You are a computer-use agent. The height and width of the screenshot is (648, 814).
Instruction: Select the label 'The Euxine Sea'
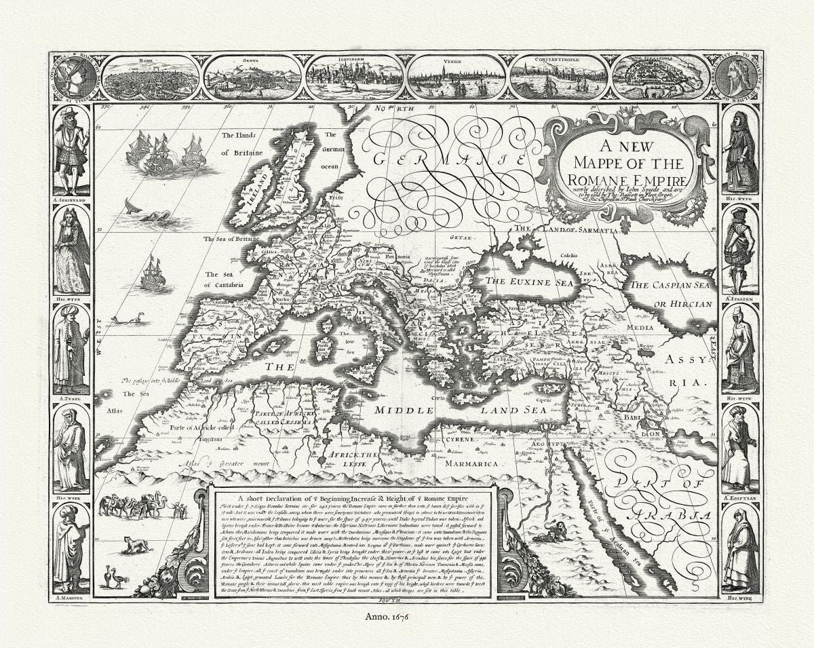pyautogui.click(x=527, y=281)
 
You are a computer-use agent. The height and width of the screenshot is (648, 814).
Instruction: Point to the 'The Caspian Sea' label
pyautogui.click(x=671, y=285)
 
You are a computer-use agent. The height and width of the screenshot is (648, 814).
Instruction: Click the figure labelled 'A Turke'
pyautogui.click(x=71, y=349)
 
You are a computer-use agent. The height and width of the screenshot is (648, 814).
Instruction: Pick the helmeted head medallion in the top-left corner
pyautogui.click(x=74, y=78)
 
